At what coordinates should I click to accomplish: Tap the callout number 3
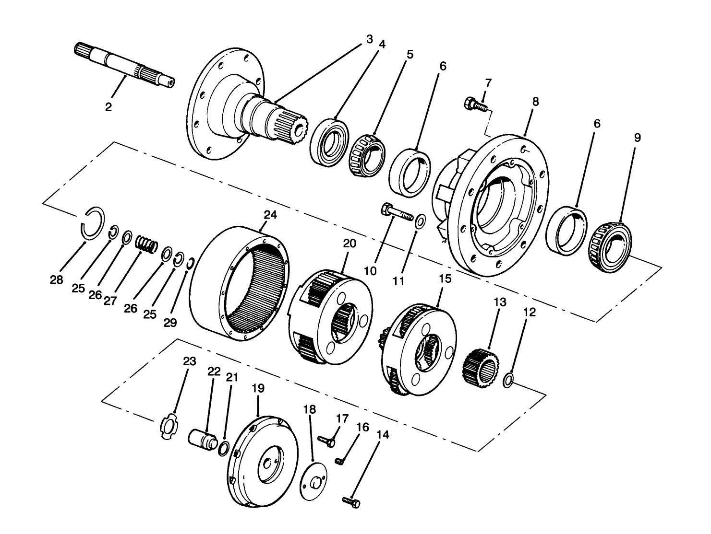[369, 39]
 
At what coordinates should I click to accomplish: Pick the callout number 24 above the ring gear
[270, 215]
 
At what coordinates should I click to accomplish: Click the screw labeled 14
[352, 501]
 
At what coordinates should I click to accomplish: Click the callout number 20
[349, 244]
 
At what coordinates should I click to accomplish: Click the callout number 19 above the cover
[258, 388]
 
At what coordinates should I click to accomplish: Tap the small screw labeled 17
[326, 440]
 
